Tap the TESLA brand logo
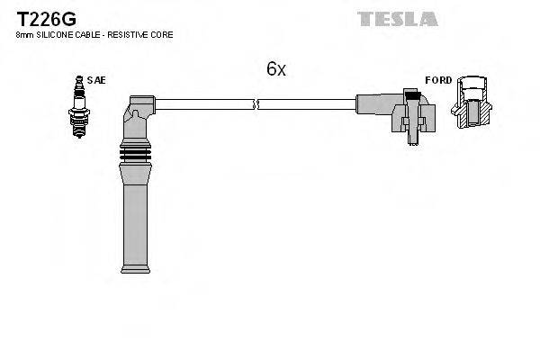[397, 18]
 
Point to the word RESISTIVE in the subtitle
[126, 34]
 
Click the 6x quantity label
[276, 68]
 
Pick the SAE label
[97, 80]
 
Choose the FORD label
[438, 80]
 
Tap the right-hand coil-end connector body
[396, 113]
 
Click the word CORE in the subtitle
[161, 34]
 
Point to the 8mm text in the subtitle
[24, 34]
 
